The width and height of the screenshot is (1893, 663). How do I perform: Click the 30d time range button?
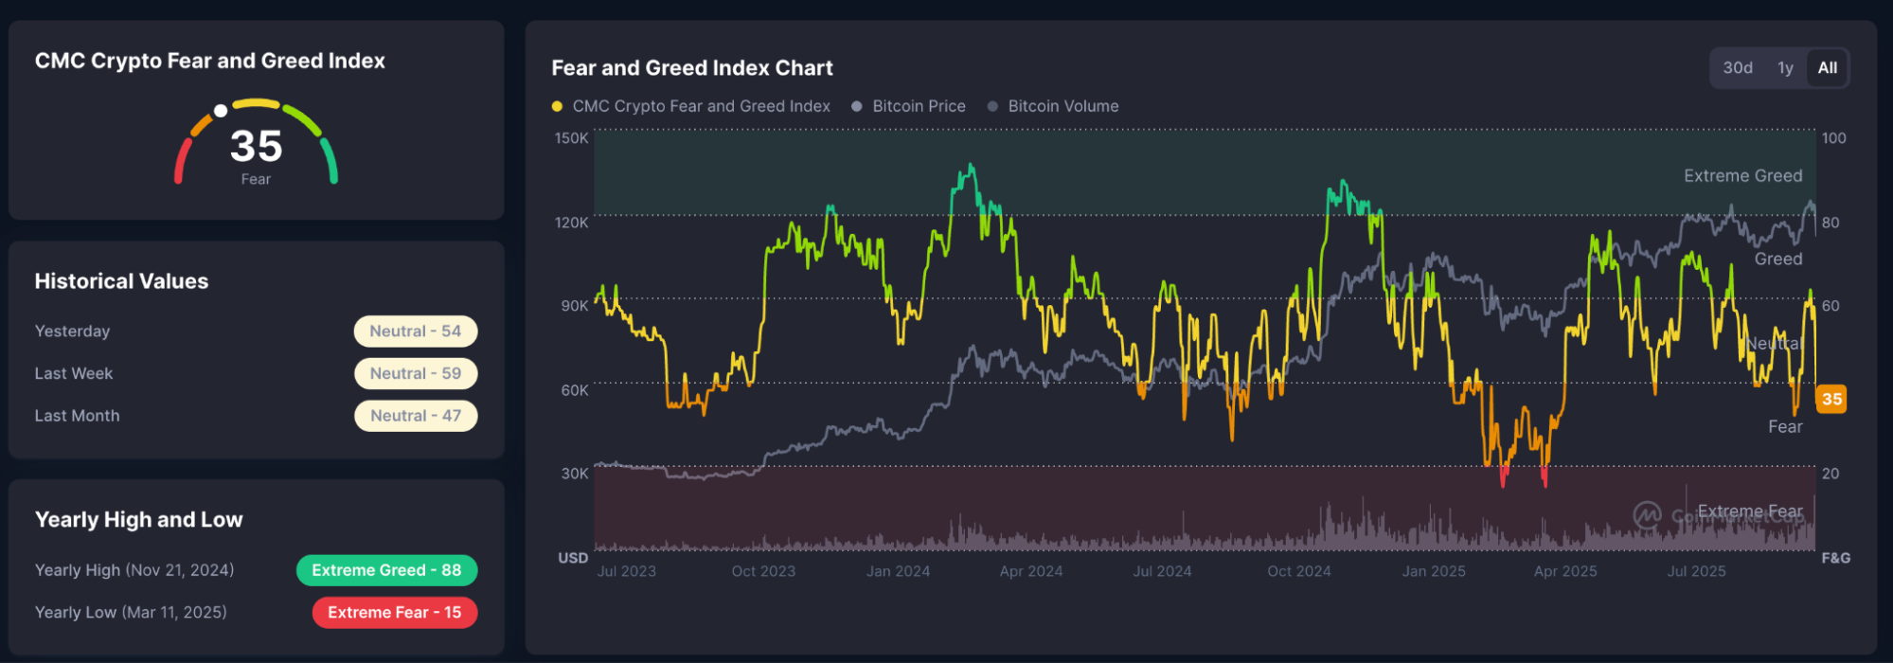(x=1737, y=68)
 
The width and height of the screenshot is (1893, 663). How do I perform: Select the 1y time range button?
(x=1785, y=68)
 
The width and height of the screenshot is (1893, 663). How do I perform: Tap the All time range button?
(x=1827, y=68)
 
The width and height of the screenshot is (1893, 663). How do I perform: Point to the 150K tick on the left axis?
(x=571, y=138)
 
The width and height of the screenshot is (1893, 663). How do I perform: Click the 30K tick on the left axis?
(x=574, y=474)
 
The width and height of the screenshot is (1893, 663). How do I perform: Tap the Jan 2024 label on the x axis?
(x=898, y=571)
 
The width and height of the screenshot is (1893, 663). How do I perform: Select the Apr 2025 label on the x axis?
(x=1565, y=571)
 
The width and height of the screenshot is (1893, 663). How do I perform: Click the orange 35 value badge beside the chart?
(x=1831, y=399)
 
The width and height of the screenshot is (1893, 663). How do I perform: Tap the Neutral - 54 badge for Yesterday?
(x=415, y=331)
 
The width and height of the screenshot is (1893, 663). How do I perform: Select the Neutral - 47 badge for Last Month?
(x=415, y=416)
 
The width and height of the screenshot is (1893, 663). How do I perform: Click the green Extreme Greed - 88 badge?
(x=386, y=570)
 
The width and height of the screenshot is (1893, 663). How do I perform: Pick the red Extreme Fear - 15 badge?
(x=394, y=613)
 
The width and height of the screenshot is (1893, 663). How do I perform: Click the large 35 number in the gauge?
(x=256, y=146)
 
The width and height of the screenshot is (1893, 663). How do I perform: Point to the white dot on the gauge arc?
(x=221, y=111)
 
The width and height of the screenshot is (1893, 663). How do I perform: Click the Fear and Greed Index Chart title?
(x=692, y=68)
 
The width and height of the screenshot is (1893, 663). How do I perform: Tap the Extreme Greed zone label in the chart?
(x=1742, y=176)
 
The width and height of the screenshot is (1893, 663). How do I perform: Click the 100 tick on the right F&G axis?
(x=1833, y=138)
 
